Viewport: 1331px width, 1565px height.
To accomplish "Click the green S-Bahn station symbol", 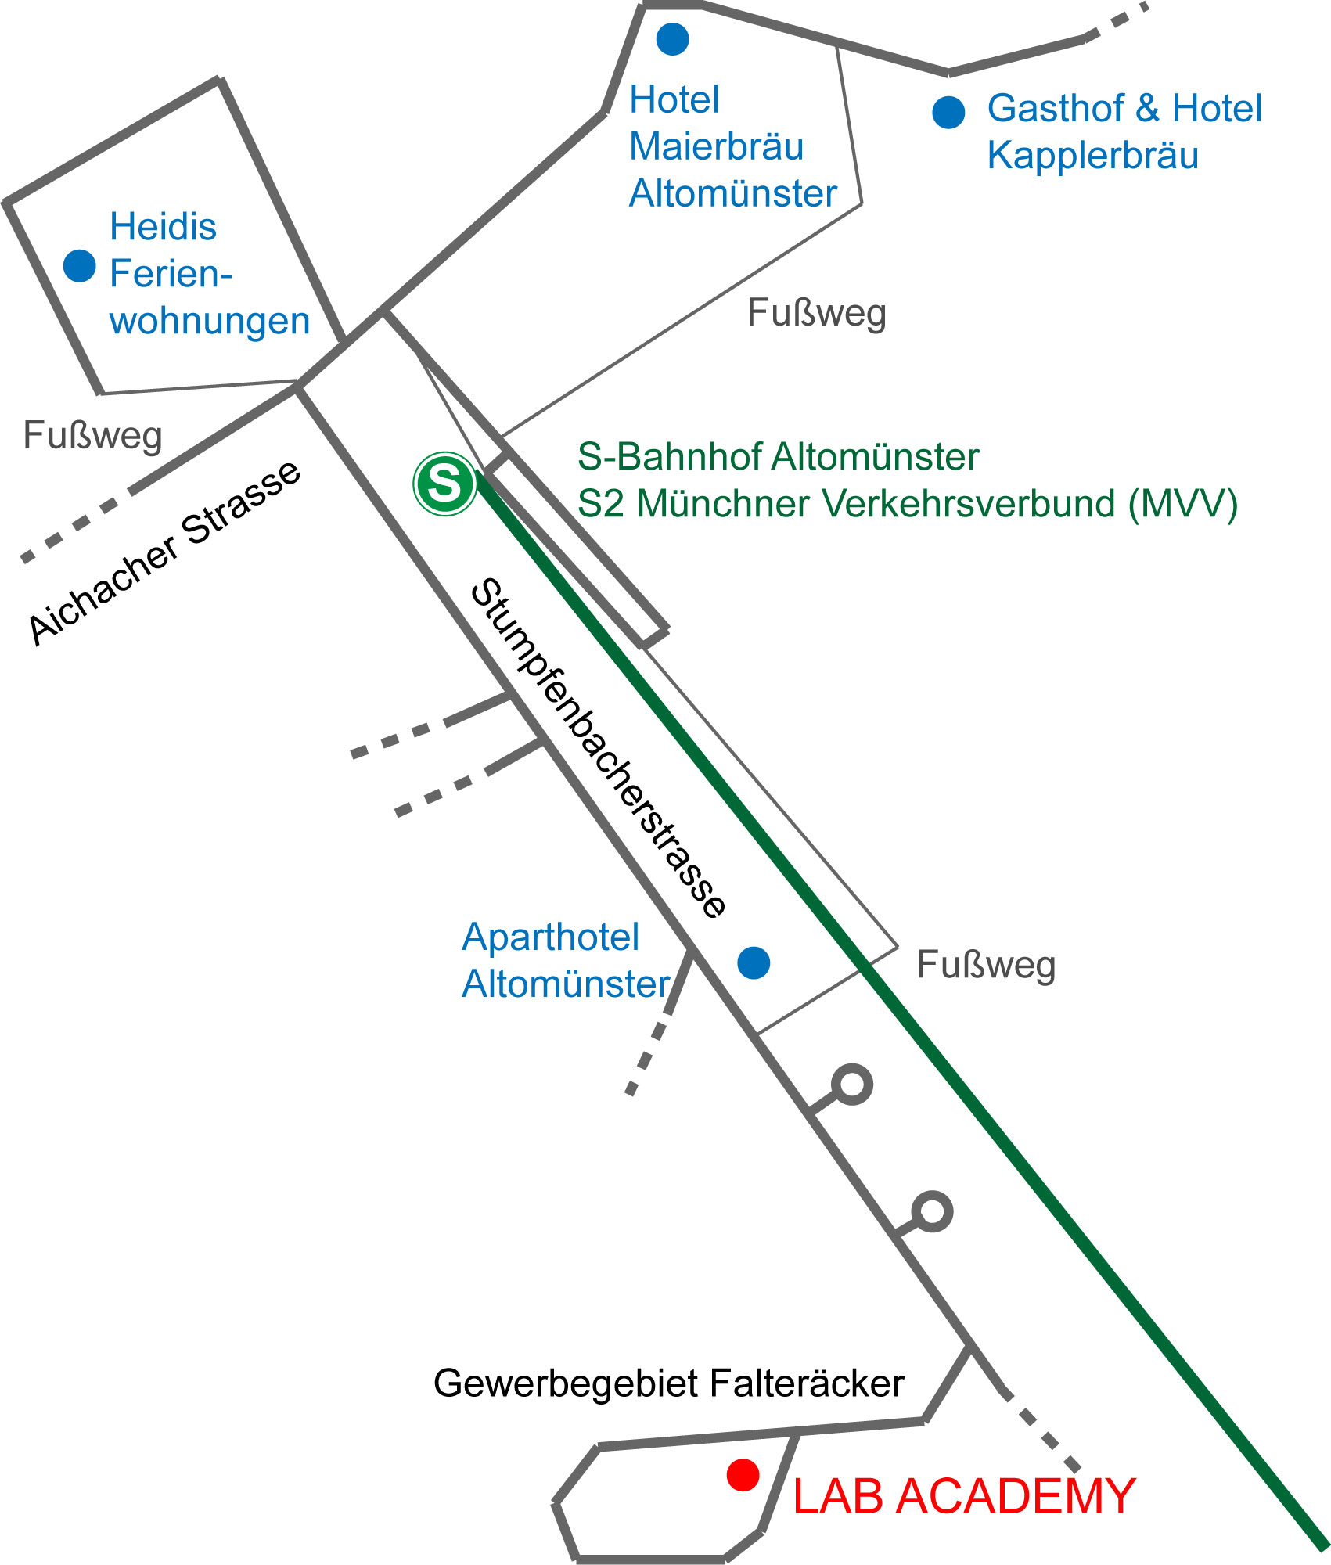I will tap(444, 484).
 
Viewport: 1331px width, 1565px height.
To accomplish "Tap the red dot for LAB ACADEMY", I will tap(743, 1474).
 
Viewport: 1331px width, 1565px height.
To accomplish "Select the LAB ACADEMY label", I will tap(964, 1496).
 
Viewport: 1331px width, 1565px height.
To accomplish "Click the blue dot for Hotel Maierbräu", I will tap(672, 38).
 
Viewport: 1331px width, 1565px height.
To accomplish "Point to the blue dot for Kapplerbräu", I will tap(948, 112).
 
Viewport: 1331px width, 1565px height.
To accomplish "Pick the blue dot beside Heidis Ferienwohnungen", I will tap(80, 265).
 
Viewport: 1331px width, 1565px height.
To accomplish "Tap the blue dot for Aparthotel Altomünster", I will tap(754, 962).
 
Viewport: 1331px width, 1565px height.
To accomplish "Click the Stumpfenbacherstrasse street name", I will tap(599, 747).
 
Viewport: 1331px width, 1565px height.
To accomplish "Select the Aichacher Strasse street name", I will tap(165, 552).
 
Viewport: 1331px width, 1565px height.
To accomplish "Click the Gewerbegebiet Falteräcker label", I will tap(668, 1383).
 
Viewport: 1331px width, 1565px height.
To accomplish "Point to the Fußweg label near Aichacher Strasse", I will tap(92, 435).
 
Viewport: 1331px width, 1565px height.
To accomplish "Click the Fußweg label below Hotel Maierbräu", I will tap(816, 313).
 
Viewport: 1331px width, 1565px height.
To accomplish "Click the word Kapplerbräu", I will tap(1092, 155).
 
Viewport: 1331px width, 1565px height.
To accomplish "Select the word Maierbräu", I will tap(716, 146).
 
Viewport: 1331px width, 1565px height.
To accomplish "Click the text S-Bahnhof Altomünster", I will tap(778, 456).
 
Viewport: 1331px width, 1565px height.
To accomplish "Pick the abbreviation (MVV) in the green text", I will tap(1182, 503).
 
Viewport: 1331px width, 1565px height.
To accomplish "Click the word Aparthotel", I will tap(550, 937).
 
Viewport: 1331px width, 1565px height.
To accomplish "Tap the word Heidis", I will tap(163, 227).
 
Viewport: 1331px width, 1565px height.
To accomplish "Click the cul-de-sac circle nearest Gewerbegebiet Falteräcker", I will tap(932, 1211).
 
